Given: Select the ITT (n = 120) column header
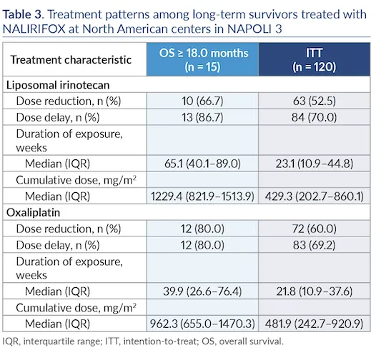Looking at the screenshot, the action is [x=314, y=59].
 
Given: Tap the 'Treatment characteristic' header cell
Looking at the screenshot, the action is [x=71, y=60].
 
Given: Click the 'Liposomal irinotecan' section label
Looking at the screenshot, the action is [x=58, y=85].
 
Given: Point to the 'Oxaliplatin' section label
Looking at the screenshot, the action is [x=33, y=212].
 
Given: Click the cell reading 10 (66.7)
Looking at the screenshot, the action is [x=202, y=101].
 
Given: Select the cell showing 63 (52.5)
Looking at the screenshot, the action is [x=314, y=101].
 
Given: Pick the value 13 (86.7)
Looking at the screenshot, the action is [x=202, y=117].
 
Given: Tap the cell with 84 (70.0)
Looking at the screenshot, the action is [x=314, y=117].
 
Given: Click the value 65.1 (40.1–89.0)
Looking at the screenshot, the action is [x=202, y=164].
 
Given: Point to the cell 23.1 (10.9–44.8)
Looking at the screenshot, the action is [x=314, y=164].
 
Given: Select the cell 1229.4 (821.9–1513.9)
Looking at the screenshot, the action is [x=202, y=196].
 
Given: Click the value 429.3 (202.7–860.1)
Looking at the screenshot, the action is [x=314, y=196].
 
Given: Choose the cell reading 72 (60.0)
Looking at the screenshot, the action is [x=314, y=229].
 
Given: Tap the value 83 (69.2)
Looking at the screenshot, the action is [x=314, y=245].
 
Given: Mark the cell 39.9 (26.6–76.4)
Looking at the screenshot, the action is [x=202, y=291].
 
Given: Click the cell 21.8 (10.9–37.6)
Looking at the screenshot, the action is [x=314, y=291].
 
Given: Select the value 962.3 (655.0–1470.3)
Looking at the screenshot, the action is [x=202, y=324].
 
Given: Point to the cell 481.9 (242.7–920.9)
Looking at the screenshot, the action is [x=314, y=324].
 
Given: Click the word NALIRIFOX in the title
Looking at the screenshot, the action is [x=34, y=29].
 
